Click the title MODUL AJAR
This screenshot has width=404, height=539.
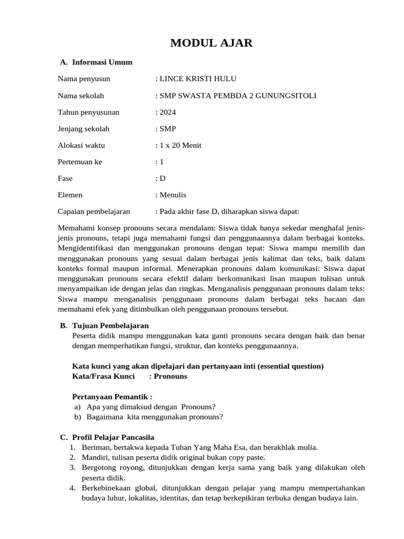click(211, 43)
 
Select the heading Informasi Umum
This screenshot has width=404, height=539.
click(102, 62)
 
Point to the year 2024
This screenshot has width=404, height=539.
click(167, 112)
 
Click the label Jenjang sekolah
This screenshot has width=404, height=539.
click(84, 128)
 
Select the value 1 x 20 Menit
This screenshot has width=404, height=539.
click(180, 145)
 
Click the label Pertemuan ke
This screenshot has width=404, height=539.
click(80, 162)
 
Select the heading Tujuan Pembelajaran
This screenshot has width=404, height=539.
click(110, 326)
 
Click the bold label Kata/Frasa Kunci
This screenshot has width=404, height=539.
click(103, 376)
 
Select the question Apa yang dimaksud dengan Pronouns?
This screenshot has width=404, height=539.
click(151, 406)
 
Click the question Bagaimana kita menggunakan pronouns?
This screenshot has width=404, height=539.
click(155, 417)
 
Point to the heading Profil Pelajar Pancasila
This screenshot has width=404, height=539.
click(113, 437)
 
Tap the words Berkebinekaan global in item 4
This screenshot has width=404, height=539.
click(115, 488)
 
